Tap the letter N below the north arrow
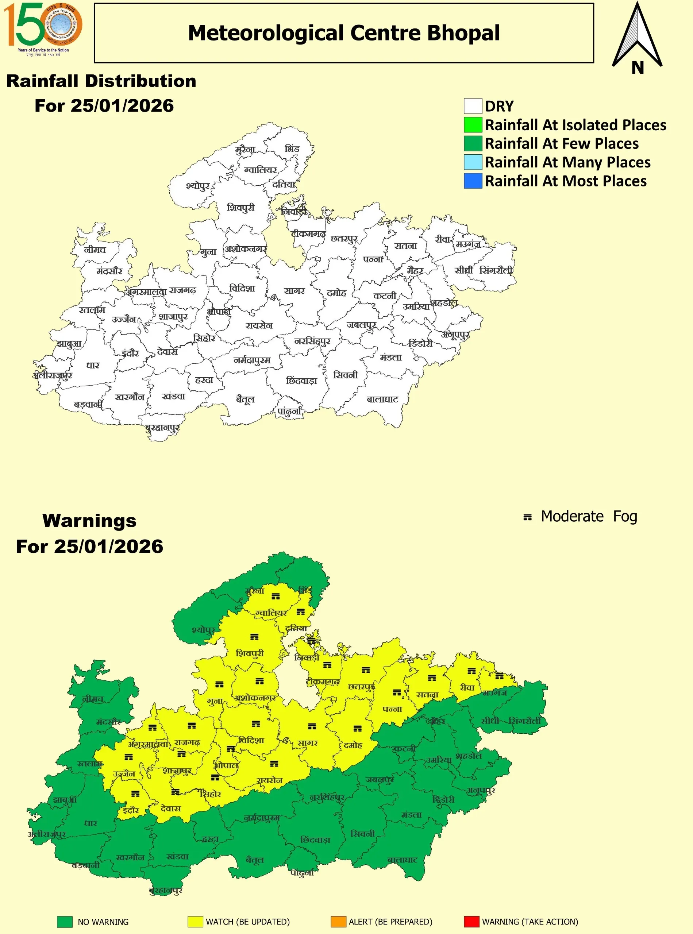(x=637, y=67)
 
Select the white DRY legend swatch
(x=473, y=106)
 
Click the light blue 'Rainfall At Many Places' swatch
(x=473, y=162)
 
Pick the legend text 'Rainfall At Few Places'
(x=562, y=143)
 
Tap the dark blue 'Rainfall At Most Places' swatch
(x=473, y=181)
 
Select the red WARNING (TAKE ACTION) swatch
(x=471, y=922)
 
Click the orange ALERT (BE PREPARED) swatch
(x=338, y=922)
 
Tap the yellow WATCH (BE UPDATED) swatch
(x=196, y=922)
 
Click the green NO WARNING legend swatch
(x=65, y=922)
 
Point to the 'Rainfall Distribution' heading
(x=101, y=81)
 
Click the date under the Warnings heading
(x=89, y=547)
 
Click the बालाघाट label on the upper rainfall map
(x=382, y=399)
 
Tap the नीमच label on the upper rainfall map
(x=95, y=250)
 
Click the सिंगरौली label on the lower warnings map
(x=525, y=721)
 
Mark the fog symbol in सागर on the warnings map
(x=312, y=726)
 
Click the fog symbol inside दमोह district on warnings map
(x=357, y=729)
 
